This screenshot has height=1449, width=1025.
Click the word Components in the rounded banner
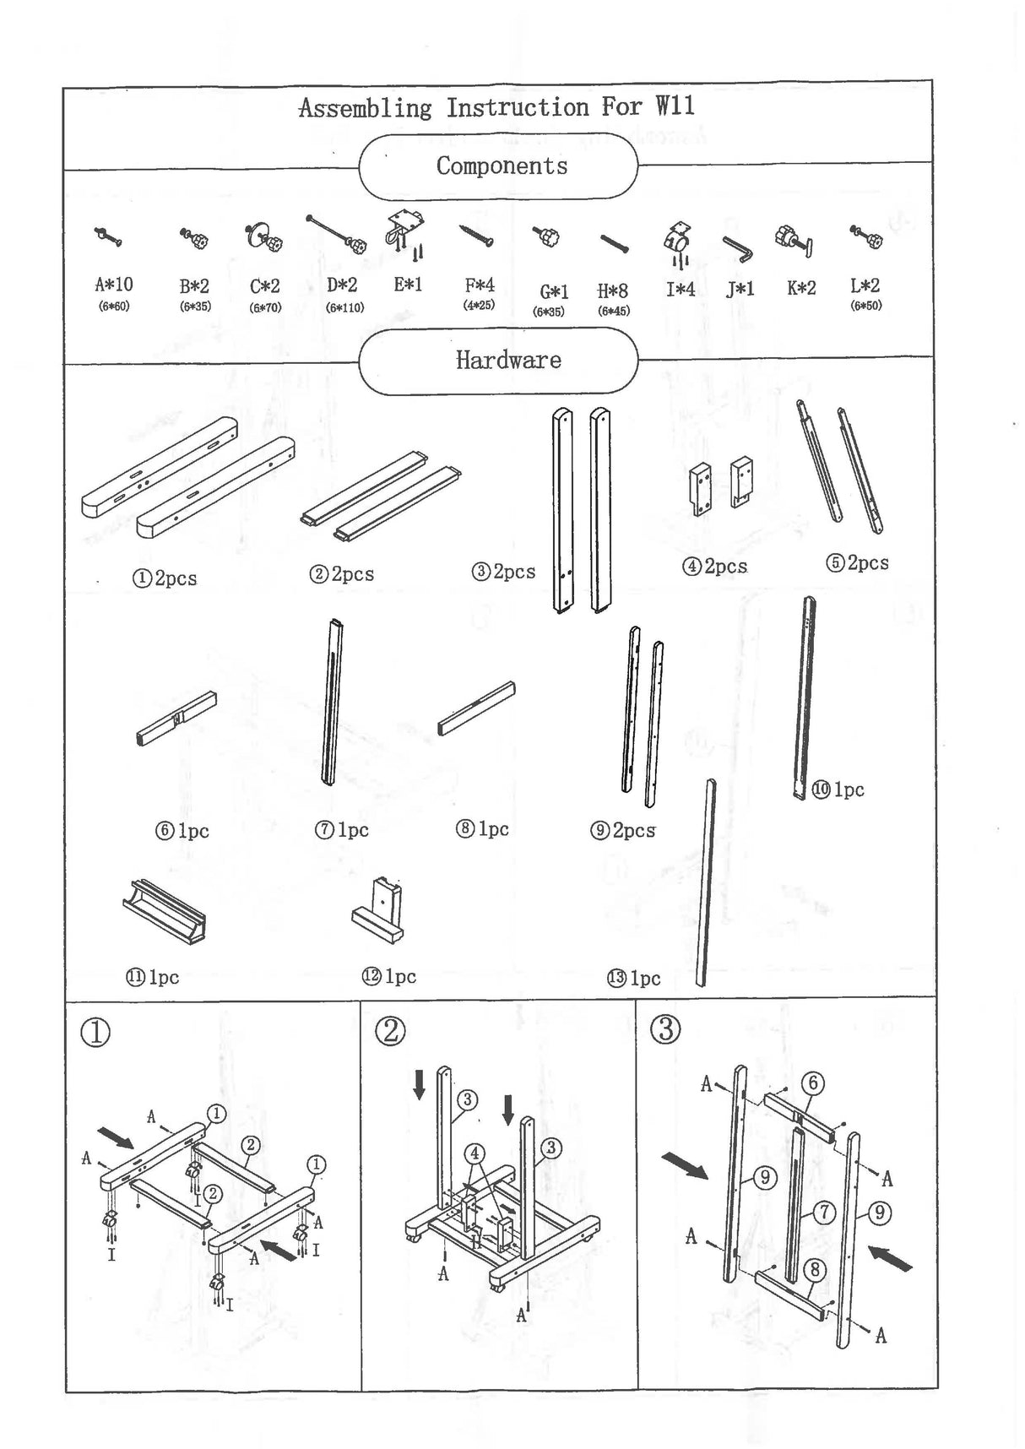coord(502,166)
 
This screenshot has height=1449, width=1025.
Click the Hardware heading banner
coord(507,361)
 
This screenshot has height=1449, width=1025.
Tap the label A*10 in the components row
coord(114,285)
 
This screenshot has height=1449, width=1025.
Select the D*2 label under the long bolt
coord(342,285)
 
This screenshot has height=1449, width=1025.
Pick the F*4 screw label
coord(480,285)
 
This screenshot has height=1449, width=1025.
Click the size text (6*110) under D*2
coord(344,307)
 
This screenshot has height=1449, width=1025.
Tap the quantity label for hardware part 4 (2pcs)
coord(715,567)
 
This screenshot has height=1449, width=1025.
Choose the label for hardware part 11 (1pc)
coord(153,977)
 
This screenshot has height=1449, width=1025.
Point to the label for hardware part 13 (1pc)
coord(634,979)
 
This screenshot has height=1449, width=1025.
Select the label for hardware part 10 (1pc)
coord(838,790)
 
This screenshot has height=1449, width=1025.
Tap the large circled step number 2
coord(390,1031)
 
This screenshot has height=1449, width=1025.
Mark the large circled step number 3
coord(666,1029)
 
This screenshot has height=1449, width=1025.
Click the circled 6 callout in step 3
coord(813,1083)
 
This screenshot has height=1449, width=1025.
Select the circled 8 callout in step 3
coord(815,1269)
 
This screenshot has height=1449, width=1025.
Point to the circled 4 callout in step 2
coord(475,1153)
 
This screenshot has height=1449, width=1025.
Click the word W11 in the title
coord(675,106)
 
